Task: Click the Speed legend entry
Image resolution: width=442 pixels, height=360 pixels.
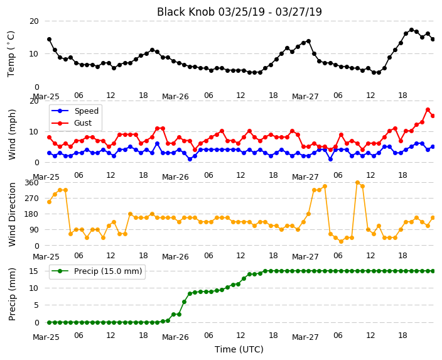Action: pos(75,111)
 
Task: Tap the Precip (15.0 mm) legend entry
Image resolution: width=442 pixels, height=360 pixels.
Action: pos(97,271)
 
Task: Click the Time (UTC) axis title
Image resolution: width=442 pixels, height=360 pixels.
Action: pos(239,349)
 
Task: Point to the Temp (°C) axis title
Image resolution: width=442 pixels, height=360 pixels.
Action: pos(11,54)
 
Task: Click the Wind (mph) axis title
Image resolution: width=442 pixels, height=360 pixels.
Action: pos(12,134)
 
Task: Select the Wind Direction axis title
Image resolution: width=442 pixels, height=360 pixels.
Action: pos(12,214)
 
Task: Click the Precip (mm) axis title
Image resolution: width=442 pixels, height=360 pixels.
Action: pos(12,294)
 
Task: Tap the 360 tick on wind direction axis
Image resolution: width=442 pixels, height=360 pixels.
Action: pos(31,183)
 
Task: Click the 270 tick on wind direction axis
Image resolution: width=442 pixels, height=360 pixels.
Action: pos(31,199)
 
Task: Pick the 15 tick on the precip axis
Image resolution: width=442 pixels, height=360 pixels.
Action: pos(34,271)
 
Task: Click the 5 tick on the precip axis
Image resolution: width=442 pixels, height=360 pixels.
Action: pos(36,305)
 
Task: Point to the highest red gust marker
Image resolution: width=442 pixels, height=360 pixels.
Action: pos(428,110)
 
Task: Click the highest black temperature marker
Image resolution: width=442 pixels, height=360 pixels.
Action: pos(412,30)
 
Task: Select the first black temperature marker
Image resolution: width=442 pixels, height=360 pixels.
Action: pos(50,39)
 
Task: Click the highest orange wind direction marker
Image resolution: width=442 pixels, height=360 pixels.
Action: pos(357,183)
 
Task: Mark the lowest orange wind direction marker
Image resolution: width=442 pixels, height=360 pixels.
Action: pos(341,241)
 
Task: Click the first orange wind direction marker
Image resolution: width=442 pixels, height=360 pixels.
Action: pos(50,202)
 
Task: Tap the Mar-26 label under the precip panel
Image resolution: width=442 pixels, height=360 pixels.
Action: pos(175,337)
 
